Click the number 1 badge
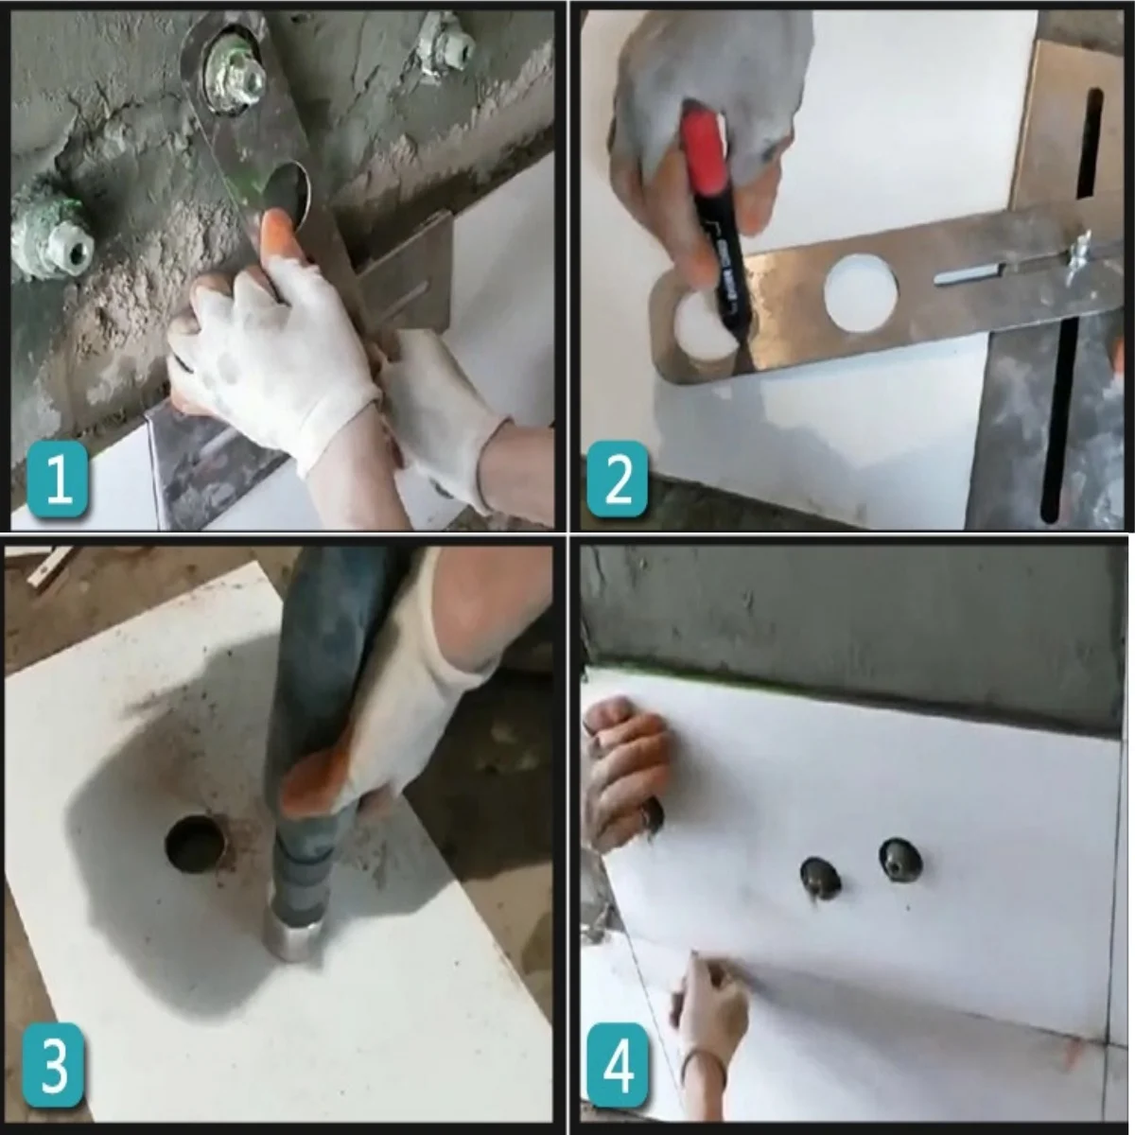tap(58, 481)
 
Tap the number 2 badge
tap(618, 481)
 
